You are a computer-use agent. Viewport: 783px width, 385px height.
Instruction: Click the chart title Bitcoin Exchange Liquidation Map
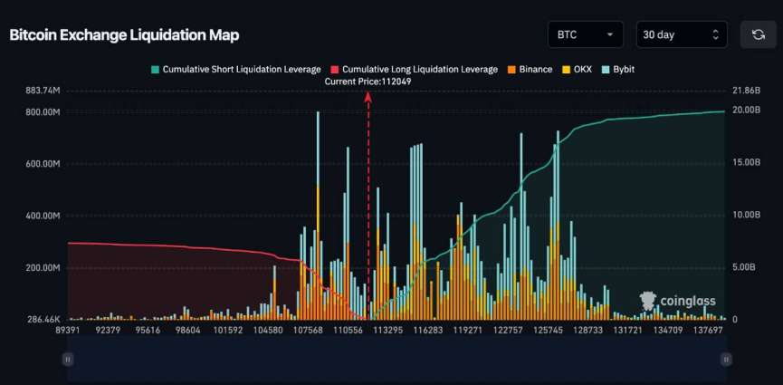click(124, 34)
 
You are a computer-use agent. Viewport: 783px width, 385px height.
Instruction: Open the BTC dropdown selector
click(585, 34)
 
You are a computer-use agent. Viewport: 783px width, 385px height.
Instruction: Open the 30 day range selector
click(681, 34)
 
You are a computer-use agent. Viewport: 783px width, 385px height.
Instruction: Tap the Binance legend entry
click(530, 69)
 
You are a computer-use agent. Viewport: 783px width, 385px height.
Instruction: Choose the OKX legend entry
click(577, 69)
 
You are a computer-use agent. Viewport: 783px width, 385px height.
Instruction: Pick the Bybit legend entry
click(618, 69)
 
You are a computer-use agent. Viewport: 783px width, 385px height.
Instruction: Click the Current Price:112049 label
click(368, 81)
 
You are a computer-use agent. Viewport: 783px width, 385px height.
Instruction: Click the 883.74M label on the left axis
click(43, 91)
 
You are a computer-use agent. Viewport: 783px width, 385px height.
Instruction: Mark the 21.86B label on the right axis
click(747, 91)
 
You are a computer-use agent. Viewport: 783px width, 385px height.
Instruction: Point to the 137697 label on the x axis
click(711, 331)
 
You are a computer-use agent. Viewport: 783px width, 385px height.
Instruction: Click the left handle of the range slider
click(68, 360)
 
